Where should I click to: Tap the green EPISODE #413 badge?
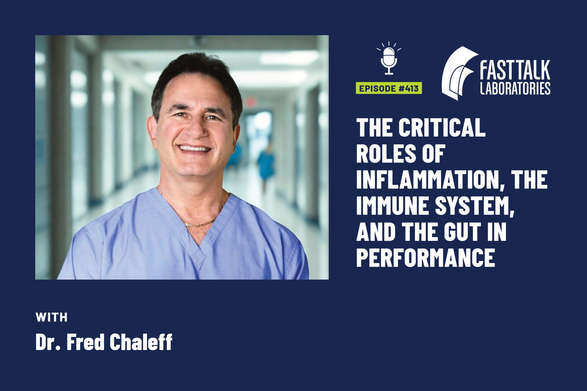pos(389,88)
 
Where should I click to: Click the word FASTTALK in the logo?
pos(515,70)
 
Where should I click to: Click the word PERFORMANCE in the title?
pos(425,258)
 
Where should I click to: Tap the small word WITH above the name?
pos(51,317)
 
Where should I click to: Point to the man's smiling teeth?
pos(194,149)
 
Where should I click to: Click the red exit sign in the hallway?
pos(250,101)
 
